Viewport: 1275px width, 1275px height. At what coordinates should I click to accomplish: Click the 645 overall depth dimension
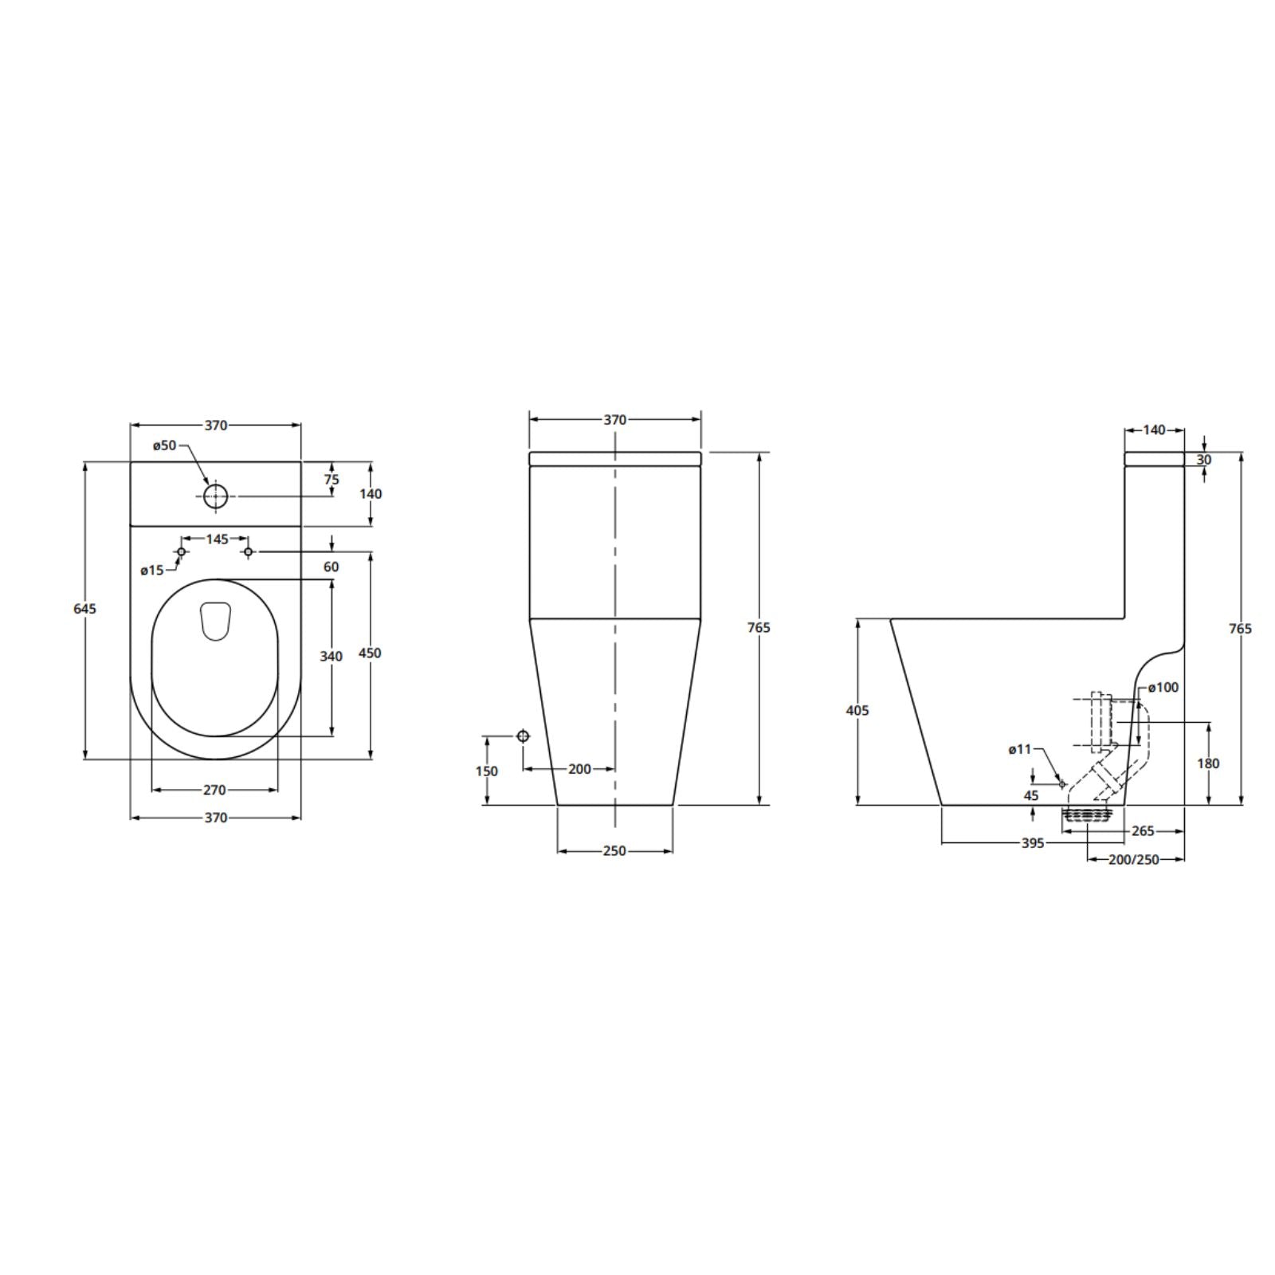[x=85, y=609]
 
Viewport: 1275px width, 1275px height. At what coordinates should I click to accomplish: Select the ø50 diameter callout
[x=163, y=445]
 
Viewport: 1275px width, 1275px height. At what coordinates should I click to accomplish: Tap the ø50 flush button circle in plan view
[x=215, y=496]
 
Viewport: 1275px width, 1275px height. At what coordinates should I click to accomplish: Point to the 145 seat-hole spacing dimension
[x=217, y=539]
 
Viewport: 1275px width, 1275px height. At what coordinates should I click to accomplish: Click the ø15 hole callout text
[x=152, y=570]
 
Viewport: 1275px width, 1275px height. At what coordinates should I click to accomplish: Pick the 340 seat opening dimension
[x=331, y=657]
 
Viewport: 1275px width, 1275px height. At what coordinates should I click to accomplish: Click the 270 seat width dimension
[x=214, y=790]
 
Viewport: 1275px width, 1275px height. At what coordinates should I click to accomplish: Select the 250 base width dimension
[x=614, y=851]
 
